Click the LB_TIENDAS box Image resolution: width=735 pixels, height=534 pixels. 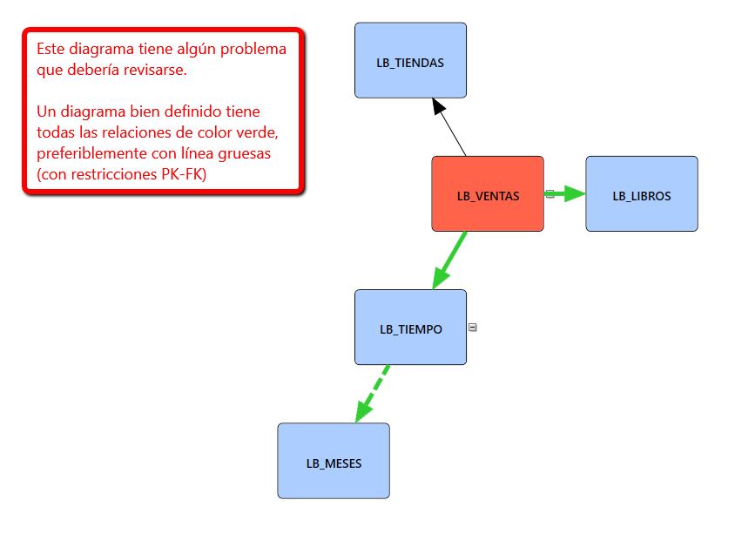click(x=410, y=60)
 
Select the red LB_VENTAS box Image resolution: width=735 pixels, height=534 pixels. click(x=488, y=193)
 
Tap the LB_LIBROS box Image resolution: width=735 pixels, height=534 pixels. click(x=641, y=193)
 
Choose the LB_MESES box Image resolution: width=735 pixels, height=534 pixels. click(x=334, y=461)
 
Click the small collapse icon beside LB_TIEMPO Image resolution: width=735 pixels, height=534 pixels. click(x=473, y=328)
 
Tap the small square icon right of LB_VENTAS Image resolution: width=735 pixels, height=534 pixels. click(x=550, y=194)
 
